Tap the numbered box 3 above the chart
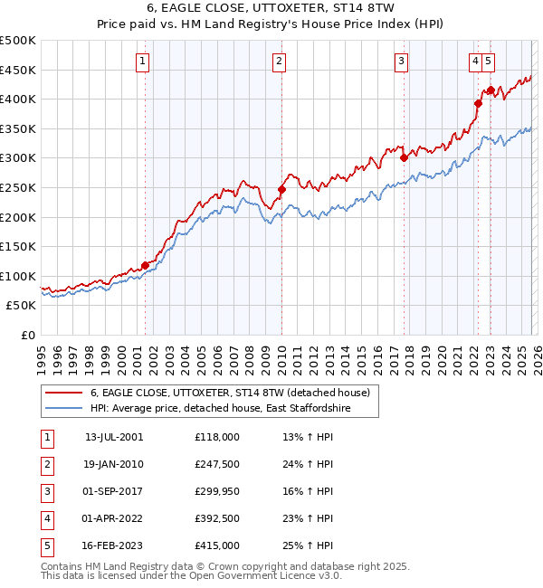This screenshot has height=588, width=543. pos(401,62)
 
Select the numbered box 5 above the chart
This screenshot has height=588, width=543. pos(489,62)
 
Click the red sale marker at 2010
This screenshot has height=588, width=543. pos(281,189)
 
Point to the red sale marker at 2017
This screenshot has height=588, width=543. pos(404,157)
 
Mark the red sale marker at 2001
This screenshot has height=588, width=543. pos(145,265)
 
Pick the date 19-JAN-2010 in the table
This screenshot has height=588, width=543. pos(114,464)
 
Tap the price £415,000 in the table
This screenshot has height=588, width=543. pos(217,545)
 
